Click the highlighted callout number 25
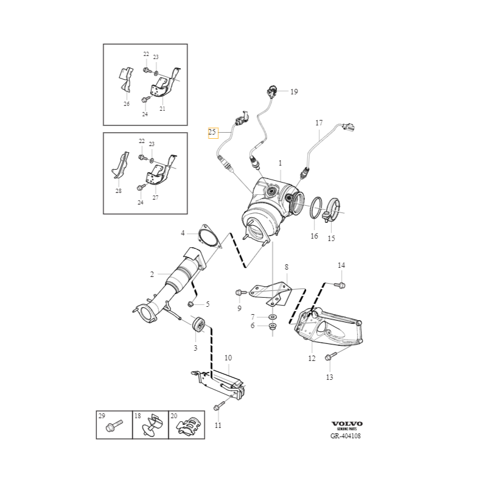click(x=212, y=131)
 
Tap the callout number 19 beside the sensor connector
click(x=294, y=92)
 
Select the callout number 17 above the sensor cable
click(x=318, y=123)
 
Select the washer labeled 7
click(x=272, y=317)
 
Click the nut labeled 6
click(x=272, y=328)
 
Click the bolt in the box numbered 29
click(x=113, y=426)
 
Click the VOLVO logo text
click(x=346, y=424)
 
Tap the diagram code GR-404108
click(x=346, y=436)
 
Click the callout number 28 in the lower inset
click(x=118, y=191)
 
